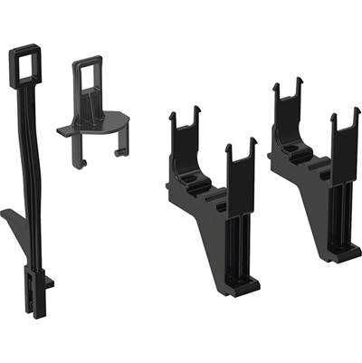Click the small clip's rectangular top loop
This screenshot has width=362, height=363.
[x=88, y=76]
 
